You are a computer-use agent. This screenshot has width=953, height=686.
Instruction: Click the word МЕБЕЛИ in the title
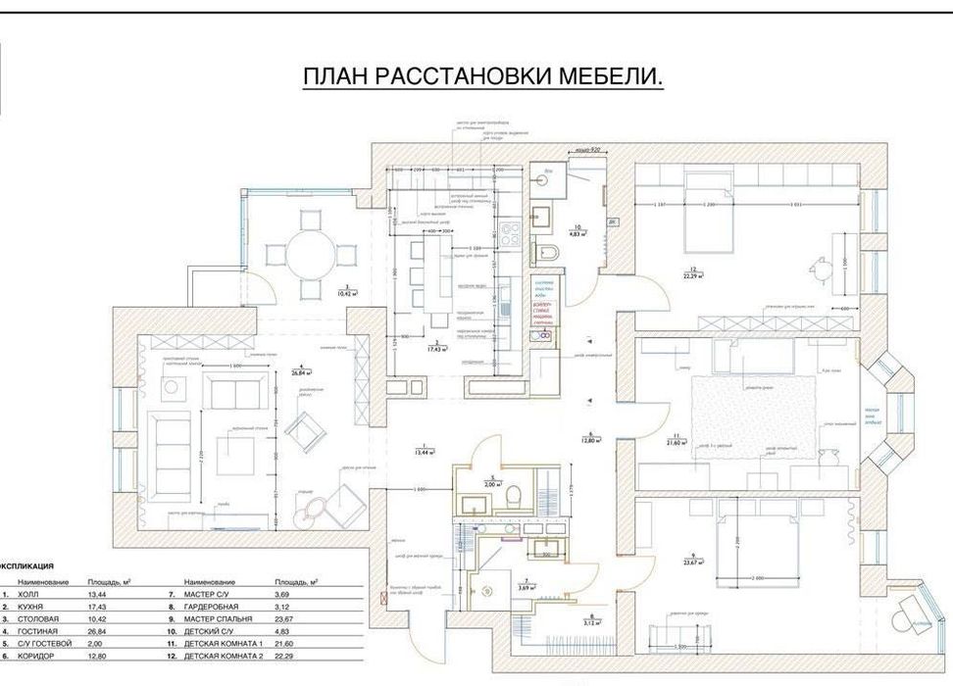point(609,77)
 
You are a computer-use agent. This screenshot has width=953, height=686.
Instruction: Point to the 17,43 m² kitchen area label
point(434,344)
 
